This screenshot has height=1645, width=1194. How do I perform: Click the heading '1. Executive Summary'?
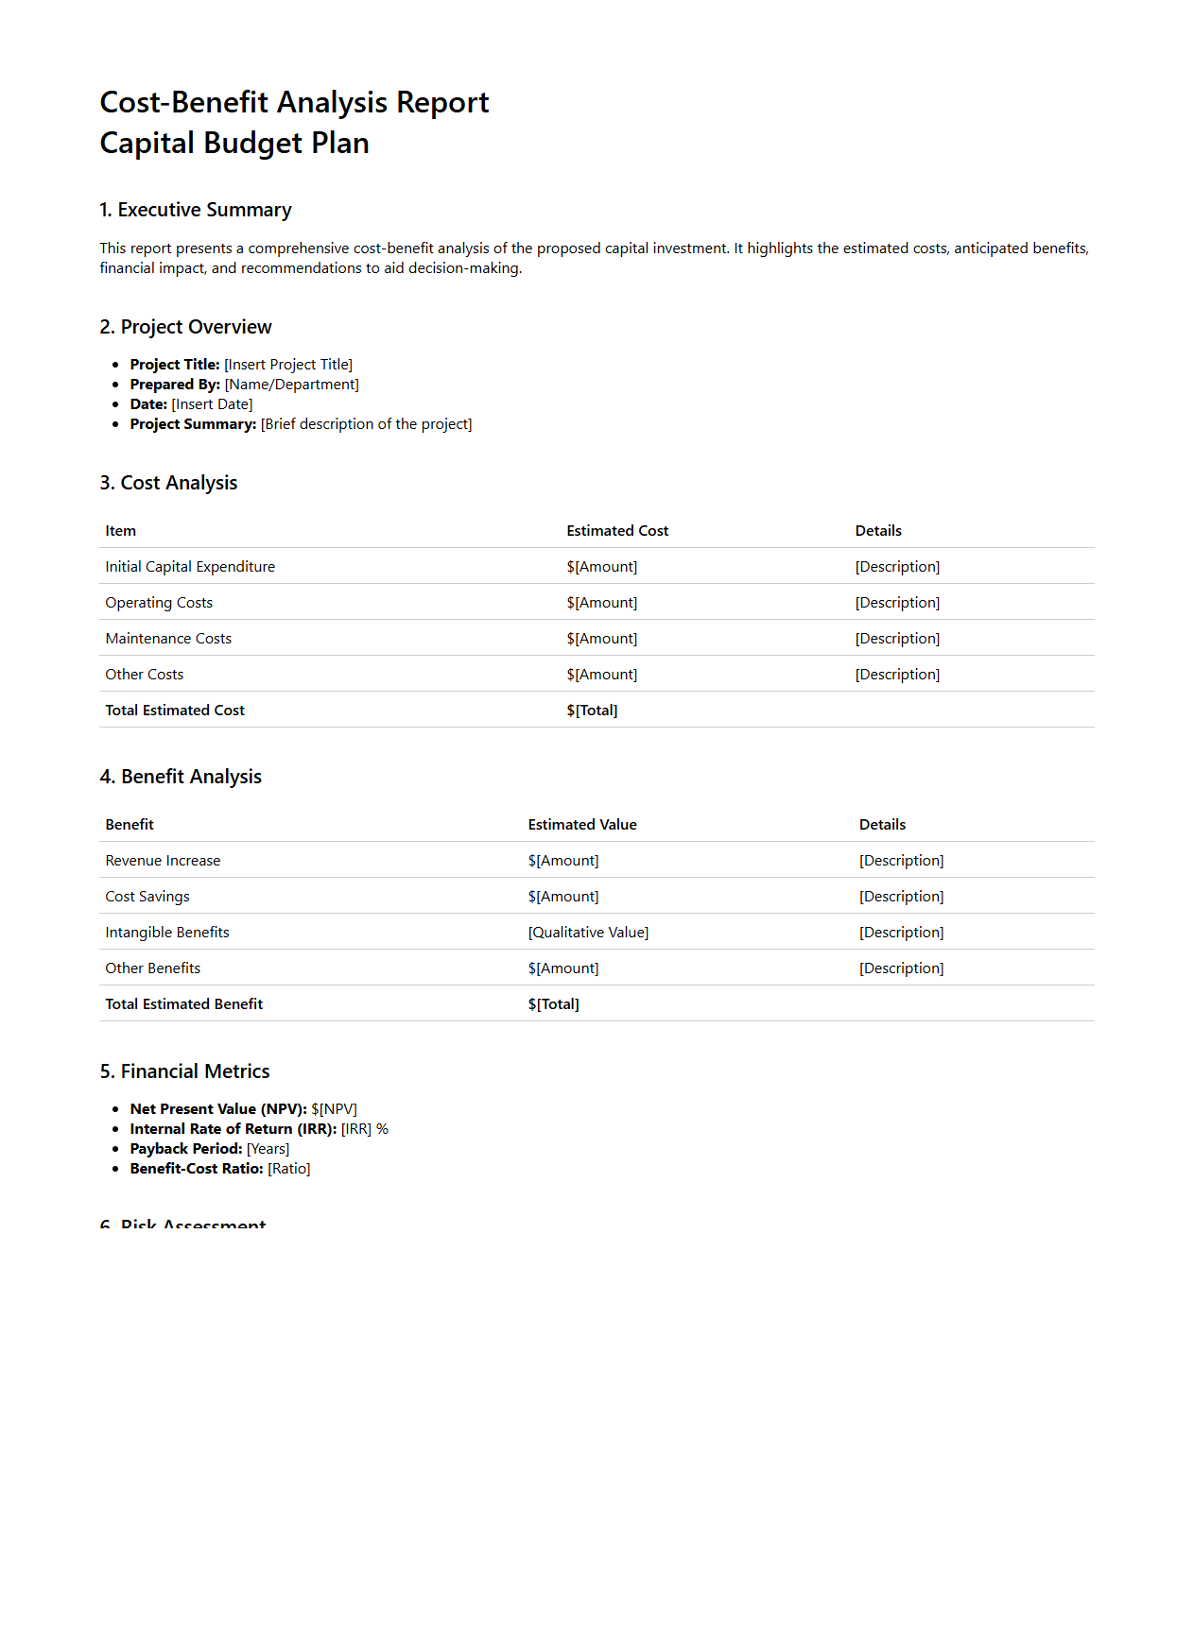pos(196,210)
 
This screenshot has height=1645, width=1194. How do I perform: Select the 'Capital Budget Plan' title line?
pos(234,144)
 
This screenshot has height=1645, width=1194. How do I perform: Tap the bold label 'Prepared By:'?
pos(175,385)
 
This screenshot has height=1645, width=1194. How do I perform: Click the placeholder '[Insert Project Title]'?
pos(288,365)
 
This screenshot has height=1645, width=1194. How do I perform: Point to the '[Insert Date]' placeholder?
pos(212,404)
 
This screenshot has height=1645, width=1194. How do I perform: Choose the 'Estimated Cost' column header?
pos(617,531)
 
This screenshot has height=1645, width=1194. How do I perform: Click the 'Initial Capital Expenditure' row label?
pos(190,567)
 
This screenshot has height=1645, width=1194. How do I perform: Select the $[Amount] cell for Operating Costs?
pos(602,603)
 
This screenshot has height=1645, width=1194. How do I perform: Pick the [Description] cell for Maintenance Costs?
pos(897,639)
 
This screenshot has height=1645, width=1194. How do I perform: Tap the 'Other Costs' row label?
pos(145,675)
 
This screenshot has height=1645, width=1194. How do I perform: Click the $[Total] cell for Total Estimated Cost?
pos(592,711)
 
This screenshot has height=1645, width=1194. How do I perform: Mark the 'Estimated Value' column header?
pos(582,825)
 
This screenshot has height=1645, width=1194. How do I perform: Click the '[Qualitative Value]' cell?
pos(588,933)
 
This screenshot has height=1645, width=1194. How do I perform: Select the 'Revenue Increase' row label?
pos(163,861)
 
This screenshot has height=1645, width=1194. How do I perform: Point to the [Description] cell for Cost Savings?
pos(901,897)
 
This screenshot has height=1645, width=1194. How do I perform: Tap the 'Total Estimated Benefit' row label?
pos(184,1004)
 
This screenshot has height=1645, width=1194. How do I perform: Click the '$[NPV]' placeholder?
pos(334,1109)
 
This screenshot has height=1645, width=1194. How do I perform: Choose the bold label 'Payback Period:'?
pos(186,1149)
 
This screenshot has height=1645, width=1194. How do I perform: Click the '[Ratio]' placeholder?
pos(289,1169)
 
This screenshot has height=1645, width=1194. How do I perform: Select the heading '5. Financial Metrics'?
pos(185,1071)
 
